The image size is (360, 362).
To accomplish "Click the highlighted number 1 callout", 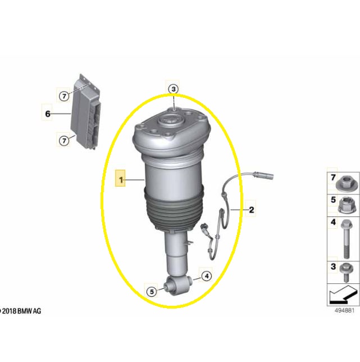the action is pyautogui.click(x=120, y=178).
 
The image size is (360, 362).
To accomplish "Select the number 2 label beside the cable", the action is pyautogui.click(x=252, y=210).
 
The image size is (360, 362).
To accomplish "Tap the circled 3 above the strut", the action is pyautogui.click(x=173, y=89).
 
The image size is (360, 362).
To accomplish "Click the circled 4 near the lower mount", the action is pyautogui.click(x=207, y=276).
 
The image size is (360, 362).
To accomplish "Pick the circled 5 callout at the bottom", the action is pyautogui.click(x=152, y=292).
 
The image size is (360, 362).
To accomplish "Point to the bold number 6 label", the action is pyautogui.click(x=48, y=114).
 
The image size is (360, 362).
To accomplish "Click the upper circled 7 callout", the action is pyautogui.click(x=64, y=96).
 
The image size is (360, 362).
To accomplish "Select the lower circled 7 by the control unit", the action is pyautogui.click(x=64, y=141).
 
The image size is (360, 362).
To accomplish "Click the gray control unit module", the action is pyautogui.click(x=85, y=112).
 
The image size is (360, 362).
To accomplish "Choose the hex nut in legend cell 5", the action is pyautogui.click(x=345, y=205).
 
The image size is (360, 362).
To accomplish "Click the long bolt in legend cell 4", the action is pyautogui.click(x=346, y=239).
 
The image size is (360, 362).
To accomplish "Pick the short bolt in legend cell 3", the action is pyautogui.click(x=347, y=273).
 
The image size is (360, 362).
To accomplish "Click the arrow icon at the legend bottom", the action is pyautogui.click(x=343, y=295).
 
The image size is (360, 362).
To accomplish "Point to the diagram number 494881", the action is pyautogui.click(x=344, y=311).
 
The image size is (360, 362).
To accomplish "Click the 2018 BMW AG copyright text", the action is pyautogui.click(x=20, y=311).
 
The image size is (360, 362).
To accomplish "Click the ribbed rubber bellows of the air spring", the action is pyautogui.click(x=174, y=210).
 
